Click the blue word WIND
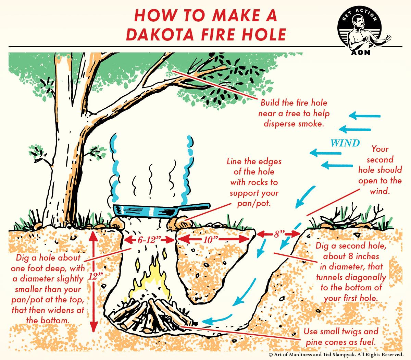coord(345,143)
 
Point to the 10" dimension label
coord(208,240)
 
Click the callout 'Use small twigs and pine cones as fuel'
coord(341,337)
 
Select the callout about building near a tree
coord(294,113)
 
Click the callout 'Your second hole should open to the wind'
coord(380,170)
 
